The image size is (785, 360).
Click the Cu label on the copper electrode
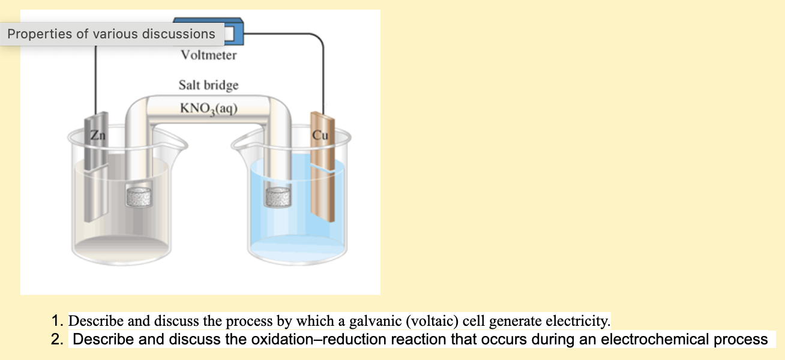(x=320, y=134)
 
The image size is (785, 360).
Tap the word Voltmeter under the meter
(x=209, y=55)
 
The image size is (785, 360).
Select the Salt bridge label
(x=208, y=85)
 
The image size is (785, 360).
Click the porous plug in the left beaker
(x=139, y=196)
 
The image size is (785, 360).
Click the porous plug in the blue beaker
(x=277, y=196)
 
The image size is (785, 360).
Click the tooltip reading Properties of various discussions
(x=112, y=34)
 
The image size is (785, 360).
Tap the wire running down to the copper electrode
(x=323, y=78)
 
